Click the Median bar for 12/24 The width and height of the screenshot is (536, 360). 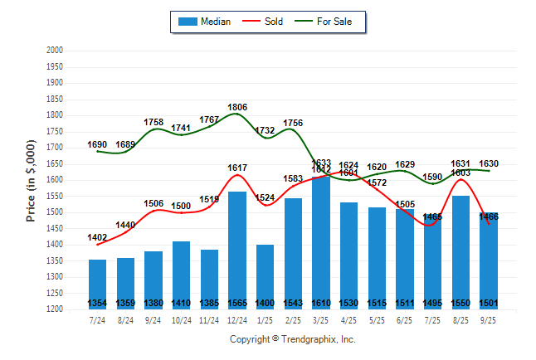coord(237,249)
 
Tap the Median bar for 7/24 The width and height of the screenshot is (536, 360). coord(98,282)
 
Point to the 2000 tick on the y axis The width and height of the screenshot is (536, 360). coord(55,51)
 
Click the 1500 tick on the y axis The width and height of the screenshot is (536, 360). coord(55,212)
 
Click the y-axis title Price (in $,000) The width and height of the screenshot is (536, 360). coord(32,180)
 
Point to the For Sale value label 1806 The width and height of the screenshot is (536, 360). coord(237,108)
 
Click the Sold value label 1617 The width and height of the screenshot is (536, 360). coord(237,168)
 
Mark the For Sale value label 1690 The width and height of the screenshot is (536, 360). coord(98,145)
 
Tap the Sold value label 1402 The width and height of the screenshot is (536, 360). coord(98,238)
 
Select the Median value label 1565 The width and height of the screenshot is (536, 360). coord(237,303)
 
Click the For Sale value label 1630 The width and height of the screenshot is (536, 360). coord(489,163)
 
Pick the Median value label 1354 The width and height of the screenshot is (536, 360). coord(98,303)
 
